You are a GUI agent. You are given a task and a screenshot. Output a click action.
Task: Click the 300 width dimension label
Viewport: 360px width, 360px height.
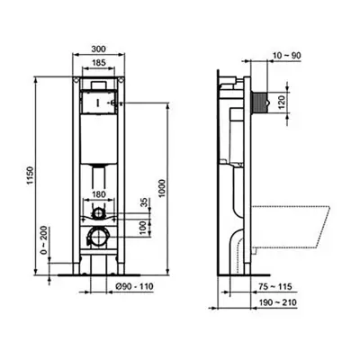coord(98,49)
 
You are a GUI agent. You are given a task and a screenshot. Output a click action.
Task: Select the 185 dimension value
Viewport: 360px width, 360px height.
coord(98,63)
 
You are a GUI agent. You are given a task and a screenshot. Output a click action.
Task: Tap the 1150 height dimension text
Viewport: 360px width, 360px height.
coord(31,175)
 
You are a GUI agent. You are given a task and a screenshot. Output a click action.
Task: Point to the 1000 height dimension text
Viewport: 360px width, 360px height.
coord(162,188)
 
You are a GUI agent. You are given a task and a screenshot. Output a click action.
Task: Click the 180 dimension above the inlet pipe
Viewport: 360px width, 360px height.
coord(98,194)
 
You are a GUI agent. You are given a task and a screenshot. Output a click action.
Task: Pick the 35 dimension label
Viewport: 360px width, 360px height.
coord(145,202)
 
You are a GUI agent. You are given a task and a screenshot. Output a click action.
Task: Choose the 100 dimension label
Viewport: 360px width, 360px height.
coord(145,227)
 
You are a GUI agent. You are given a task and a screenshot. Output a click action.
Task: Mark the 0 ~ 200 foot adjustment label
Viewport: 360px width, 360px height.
coord(44,240)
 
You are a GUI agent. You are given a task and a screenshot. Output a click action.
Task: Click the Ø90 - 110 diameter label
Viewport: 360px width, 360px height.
coord(134,286)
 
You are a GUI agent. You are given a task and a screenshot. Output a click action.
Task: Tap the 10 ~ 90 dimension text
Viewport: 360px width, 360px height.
coord(287,56)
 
